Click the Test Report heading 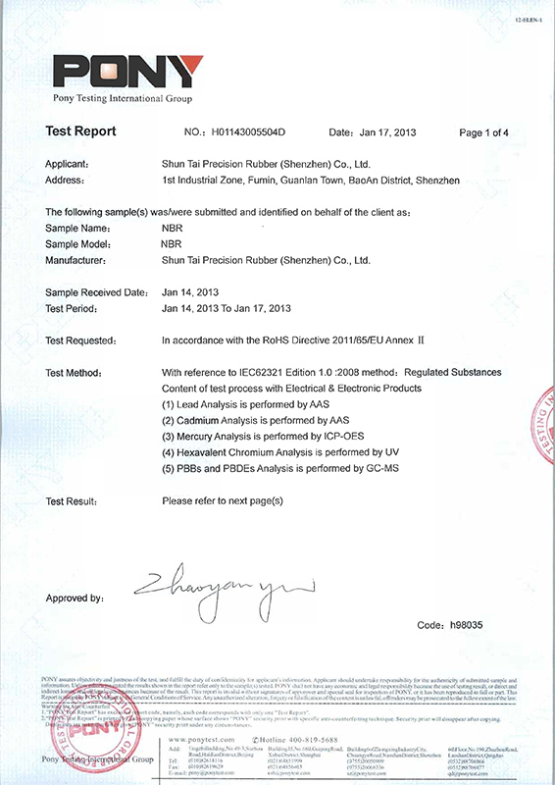point(80,131)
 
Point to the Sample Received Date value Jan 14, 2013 point(196,292)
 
